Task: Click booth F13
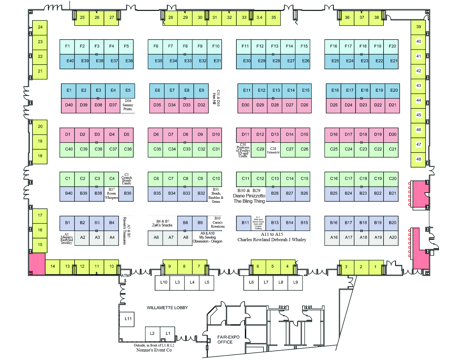(275, 46)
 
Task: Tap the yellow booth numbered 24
(40, 27)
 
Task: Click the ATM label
(125, 276)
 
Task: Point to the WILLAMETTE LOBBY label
(167, 308)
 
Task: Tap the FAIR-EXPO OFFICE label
(228, 339)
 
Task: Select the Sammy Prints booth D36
(128, 105)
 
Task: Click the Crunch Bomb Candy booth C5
(127, 179)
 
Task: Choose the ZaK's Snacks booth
(162, 223)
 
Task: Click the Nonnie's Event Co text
(154, 350)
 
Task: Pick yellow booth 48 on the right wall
(418, 159)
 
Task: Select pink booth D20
(392, 135)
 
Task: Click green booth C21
(392, 149)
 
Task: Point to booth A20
(393, 237)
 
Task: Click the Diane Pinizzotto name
(249, 196)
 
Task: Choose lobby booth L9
(295, 282)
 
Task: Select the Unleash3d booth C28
(273, 150)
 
